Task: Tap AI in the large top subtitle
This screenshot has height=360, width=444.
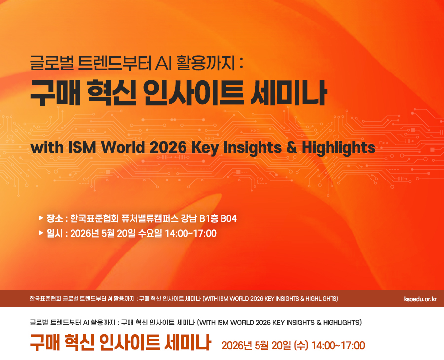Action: point(163,63)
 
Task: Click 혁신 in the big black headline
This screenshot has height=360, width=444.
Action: point(111,93)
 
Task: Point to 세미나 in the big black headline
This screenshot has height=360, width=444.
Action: point(289,93)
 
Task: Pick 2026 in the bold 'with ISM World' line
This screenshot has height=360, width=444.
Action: point(168,147)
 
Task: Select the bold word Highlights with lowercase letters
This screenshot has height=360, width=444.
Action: point(338,148)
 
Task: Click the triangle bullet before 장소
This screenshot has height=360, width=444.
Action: point(41,218)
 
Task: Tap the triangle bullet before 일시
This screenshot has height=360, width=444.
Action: point(41,233)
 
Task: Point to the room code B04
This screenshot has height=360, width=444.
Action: point(228,218)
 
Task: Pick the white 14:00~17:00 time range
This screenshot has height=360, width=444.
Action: point(190,233)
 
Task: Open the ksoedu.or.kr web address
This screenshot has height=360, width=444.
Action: point(420,299)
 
